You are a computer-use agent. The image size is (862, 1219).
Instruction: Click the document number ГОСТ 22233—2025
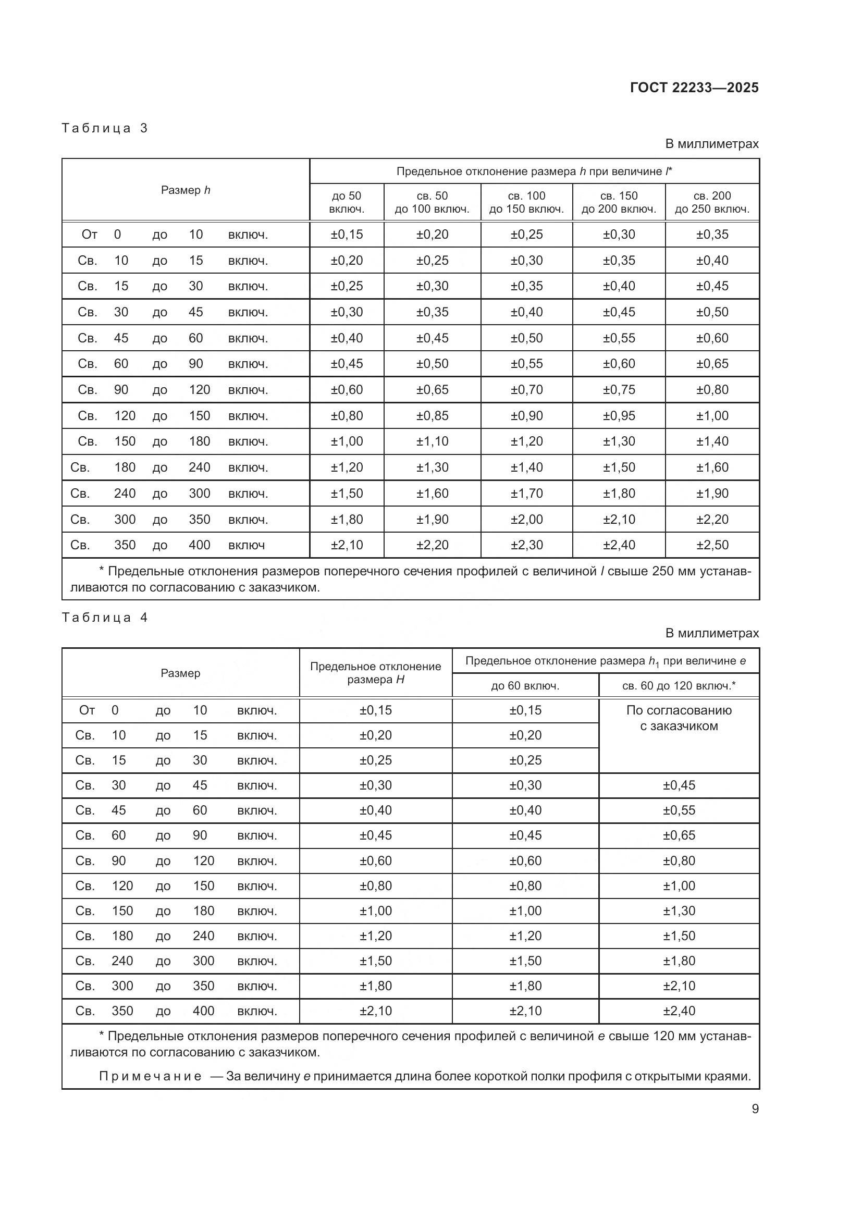[x=694, y=88]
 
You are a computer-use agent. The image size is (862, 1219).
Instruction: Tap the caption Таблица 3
[x=105, y=128]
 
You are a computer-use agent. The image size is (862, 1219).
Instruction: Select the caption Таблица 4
[x=105, y=618]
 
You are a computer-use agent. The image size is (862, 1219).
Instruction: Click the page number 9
[x=755, y=1109]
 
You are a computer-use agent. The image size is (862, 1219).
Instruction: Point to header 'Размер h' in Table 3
[x=185, y=190]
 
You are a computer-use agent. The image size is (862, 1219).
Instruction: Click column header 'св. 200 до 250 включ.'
[x=712, y=202]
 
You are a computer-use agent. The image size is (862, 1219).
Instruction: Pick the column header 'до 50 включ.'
[x=347, y=202]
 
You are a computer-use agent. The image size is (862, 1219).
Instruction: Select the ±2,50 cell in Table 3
[x=712, y=545]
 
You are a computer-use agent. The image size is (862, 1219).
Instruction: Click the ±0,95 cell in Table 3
[x=619, y=416]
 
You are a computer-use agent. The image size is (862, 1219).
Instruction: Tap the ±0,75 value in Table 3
[x=619, y=390]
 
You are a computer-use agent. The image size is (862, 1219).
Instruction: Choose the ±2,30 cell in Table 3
[x=526, y=545]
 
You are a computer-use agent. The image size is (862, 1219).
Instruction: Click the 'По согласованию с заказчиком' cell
[x=679, y=718]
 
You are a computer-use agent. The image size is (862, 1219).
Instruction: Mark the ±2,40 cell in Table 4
[x=679, y=1011]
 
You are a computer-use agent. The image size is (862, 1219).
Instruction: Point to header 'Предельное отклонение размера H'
[x=375, y=673]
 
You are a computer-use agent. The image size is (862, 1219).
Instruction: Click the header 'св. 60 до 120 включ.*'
[x=679, y=686]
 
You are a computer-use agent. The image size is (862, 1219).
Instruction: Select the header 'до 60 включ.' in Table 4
[x=525, y=686]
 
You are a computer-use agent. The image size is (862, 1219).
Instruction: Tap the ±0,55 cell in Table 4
[x=679, y=810]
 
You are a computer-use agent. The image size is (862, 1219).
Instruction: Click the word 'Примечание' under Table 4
[x=150, y=1076]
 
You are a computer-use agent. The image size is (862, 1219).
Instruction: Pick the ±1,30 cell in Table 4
[x=679, y=910]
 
